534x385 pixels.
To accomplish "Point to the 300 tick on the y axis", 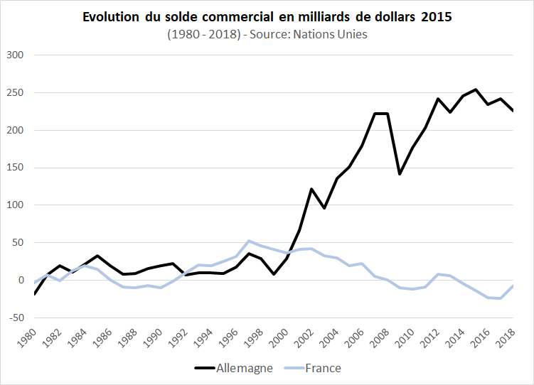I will coord(15,55).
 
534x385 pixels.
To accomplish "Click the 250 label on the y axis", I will coord(15,93).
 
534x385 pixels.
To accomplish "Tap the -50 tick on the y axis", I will coord(15,318).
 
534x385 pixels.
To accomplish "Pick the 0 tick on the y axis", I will coord(21,280).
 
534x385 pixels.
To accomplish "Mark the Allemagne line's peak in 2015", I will coord(476,90).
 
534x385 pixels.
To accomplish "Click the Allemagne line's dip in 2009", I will coord(400,173).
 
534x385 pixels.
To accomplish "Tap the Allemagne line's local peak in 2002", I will coord(311,189).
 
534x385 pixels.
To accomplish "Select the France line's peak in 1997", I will coord(249,241).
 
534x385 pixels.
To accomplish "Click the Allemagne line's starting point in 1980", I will coord(34,293).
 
